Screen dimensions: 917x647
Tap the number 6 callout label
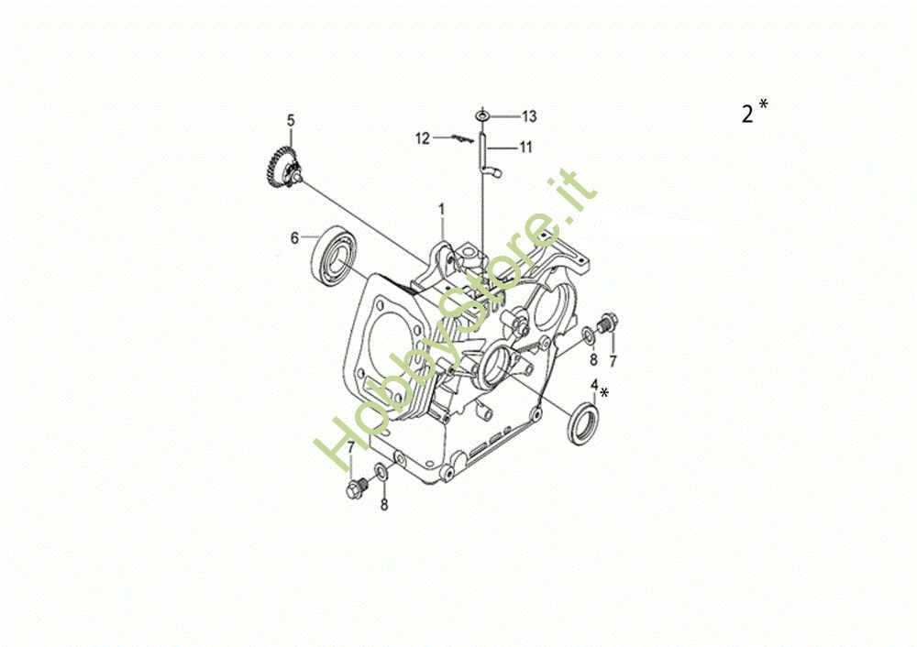294,237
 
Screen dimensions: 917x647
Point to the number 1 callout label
441,209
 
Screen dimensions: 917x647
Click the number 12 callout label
422,138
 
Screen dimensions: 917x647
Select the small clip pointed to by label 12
461,138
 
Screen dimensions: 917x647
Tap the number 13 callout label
529,115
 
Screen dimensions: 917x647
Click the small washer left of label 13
482,115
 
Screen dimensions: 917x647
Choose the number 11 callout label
525,147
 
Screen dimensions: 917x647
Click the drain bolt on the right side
605,323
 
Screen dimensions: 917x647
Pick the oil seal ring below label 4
584,422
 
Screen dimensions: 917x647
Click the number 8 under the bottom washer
384,504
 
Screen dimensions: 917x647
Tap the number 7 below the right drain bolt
613,359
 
